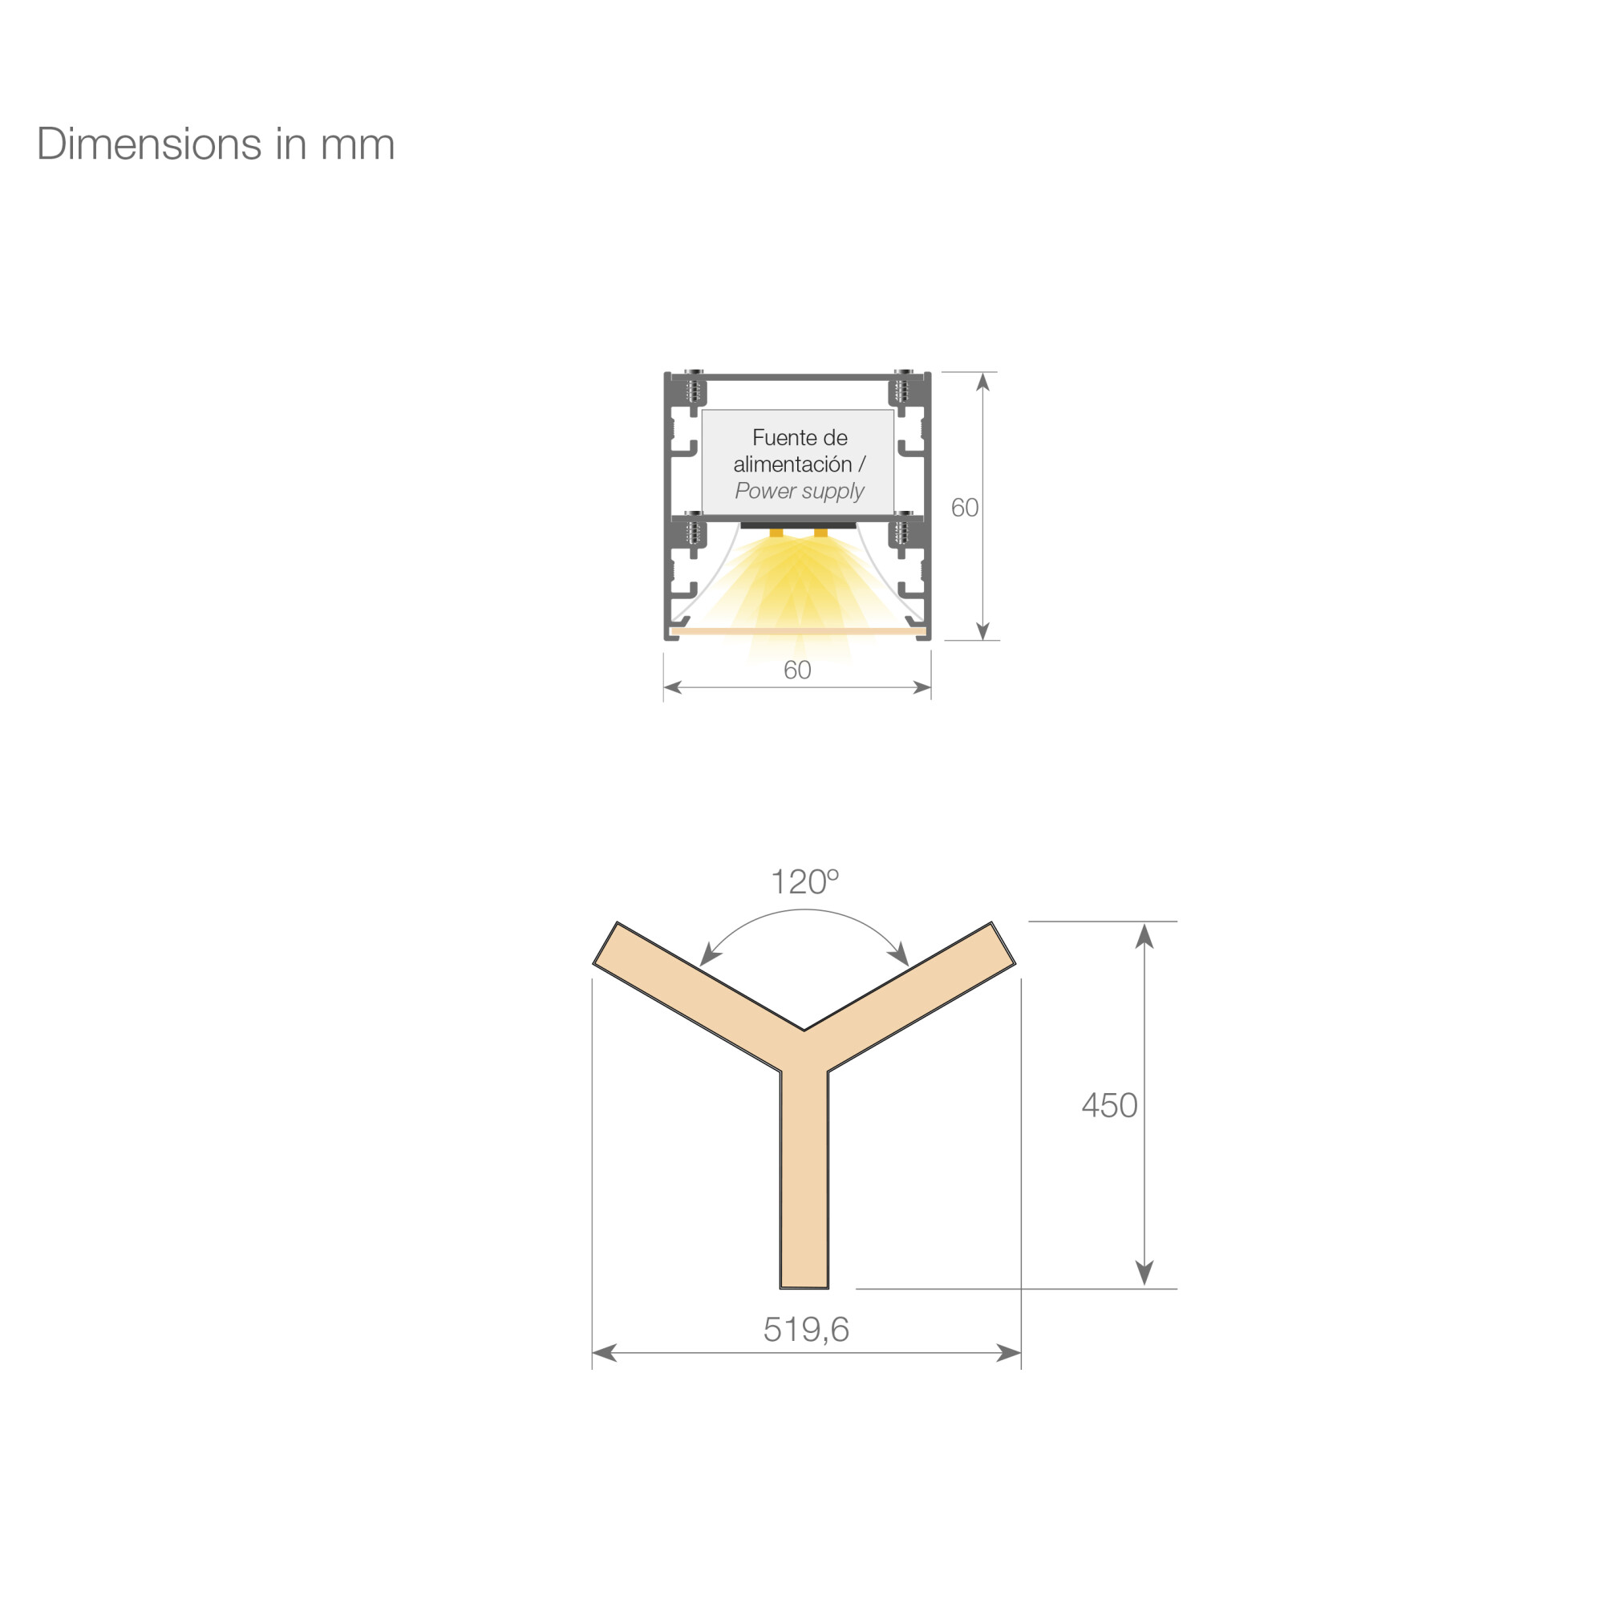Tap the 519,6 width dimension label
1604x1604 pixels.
coord(805,1329)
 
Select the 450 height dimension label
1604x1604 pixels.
coord(1109,1105)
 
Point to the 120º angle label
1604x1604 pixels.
coord(804,881)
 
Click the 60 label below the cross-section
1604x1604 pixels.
coord(797,670)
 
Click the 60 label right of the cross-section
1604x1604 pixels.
coord(965,508)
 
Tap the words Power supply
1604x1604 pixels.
coord(800,492)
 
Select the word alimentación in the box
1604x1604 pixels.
coord(792,464)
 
